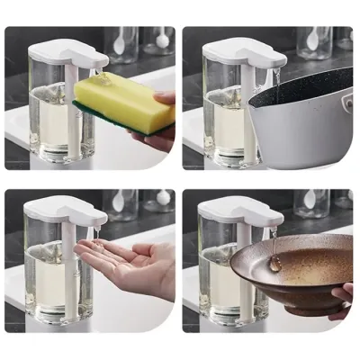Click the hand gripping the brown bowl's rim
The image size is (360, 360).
pos(342,297)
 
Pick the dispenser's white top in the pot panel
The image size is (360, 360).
pos(239,54)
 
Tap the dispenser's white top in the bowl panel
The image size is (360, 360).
pos(239,213)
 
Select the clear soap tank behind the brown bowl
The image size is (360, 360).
pos(216,279)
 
